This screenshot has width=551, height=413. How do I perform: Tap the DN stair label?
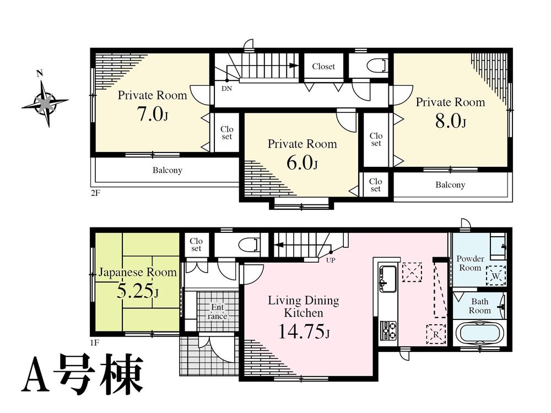226,88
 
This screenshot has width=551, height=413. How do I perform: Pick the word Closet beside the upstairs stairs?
323,67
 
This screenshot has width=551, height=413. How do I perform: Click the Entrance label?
217,312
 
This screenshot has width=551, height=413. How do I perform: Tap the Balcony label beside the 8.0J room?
450,185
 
